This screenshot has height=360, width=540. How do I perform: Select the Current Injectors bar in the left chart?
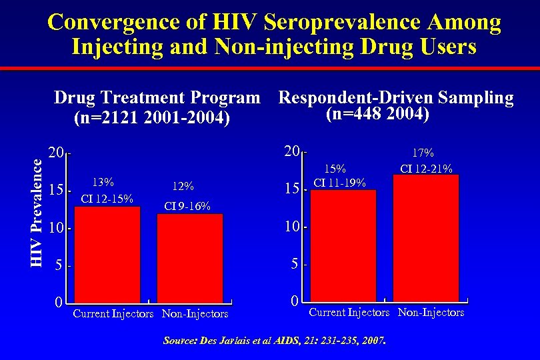(x=107, y=254)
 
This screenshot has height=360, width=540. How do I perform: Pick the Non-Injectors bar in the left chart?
(x=189, y=257)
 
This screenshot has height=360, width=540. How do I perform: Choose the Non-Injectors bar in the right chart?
(x=426, y=238)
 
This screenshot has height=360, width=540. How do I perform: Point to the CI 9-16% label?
(x=187, y=207)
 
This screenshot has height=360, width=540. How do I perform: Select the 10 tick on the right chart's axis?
(x=292, y=227)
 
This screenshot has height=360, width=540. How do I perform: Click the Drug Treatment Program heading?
(x=157, y=98)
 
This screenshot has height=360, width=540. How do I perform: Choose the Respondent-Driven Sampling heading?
(x=396, y=98)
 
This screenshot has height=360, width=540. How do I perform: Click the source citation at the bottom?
(x=275, y=341)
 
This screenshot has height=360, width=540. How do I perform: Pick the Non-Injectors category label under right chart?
(x=431, y=312)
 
